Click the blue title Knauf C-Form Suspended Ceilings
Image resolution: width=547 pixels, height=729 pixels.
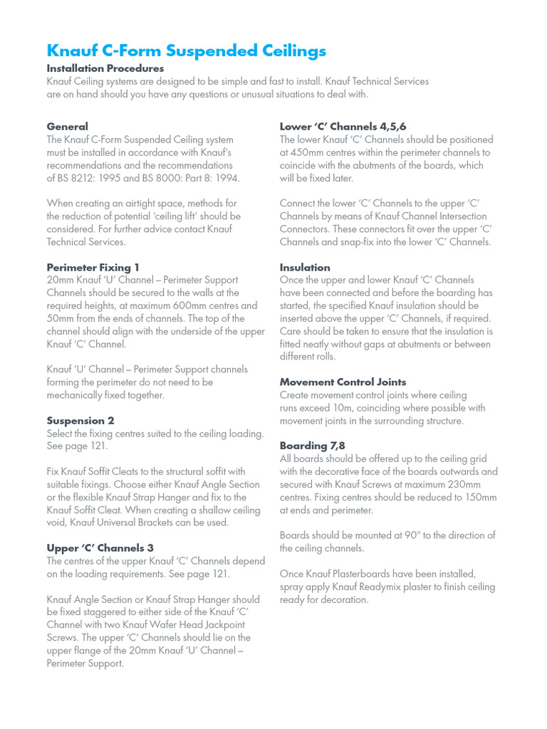tap(186, 51)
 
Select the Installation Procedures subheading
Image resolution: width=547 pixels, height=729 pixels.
tap(105, 68)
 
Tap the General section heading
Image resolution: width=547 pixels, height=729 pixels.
tap(68, 127)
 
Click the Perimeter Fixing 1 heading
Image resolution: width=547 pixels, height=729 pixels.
tap(93, 268)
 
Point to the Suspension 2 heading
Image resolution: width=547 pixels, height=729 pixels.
tap(80, 421)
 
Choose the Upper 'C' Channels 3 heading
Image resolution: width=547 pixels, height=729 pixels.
tap(100, 548)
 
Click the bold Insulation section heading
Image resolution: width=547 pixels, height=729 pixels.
tap(305, 268)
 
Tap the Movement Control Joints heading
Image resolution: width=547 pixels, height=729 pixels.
tap(343, 382)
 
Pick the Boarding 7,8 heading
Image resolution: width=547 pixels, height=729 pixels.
tap(313, 446)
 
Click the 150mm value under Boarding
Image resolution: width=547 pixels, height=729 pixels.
tap(479, 498)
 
